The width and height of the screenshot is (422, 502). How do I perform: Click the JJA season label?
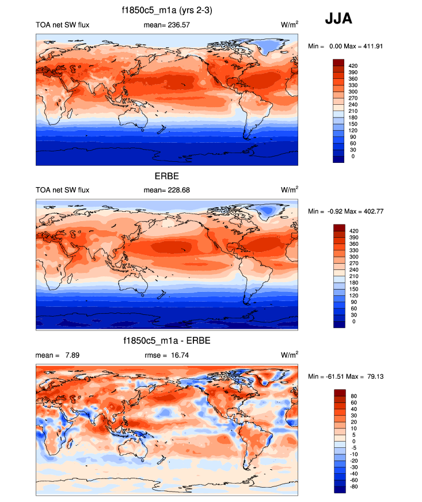click(x=339, y=18)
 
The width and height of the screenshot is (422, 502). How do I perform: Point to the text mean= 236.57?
click(x=166, y=25)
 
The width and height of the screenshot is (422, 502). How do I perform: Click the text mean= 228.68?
click(x=166, y=190)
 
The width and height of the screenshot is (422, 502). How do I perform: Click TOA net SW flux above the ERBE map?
click(x=63, y=190)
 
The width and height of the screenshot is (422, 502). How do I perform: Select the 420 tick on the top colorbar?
click(x=353, y=66)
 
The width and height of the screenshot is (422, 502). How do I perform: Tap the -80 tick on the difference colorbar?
click(x=353, y=486)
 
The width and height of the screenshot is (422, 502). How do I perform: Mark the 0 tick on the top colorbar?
click(x=351, y=156)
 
